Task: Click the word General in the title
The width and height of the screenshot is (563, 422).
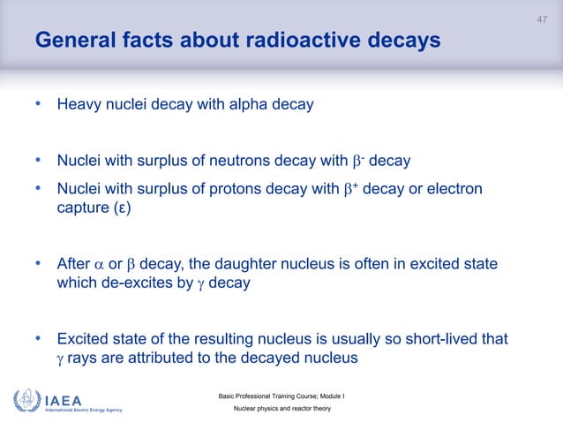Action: point(72,41)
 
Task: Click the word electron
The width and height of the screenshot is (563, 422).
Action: point(454,190)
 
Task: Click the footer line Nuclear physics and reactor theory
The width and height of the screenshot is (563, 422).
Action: point(281,411)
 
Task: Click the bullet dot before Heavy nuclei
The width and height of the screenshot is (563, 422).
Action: point(38,105)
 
